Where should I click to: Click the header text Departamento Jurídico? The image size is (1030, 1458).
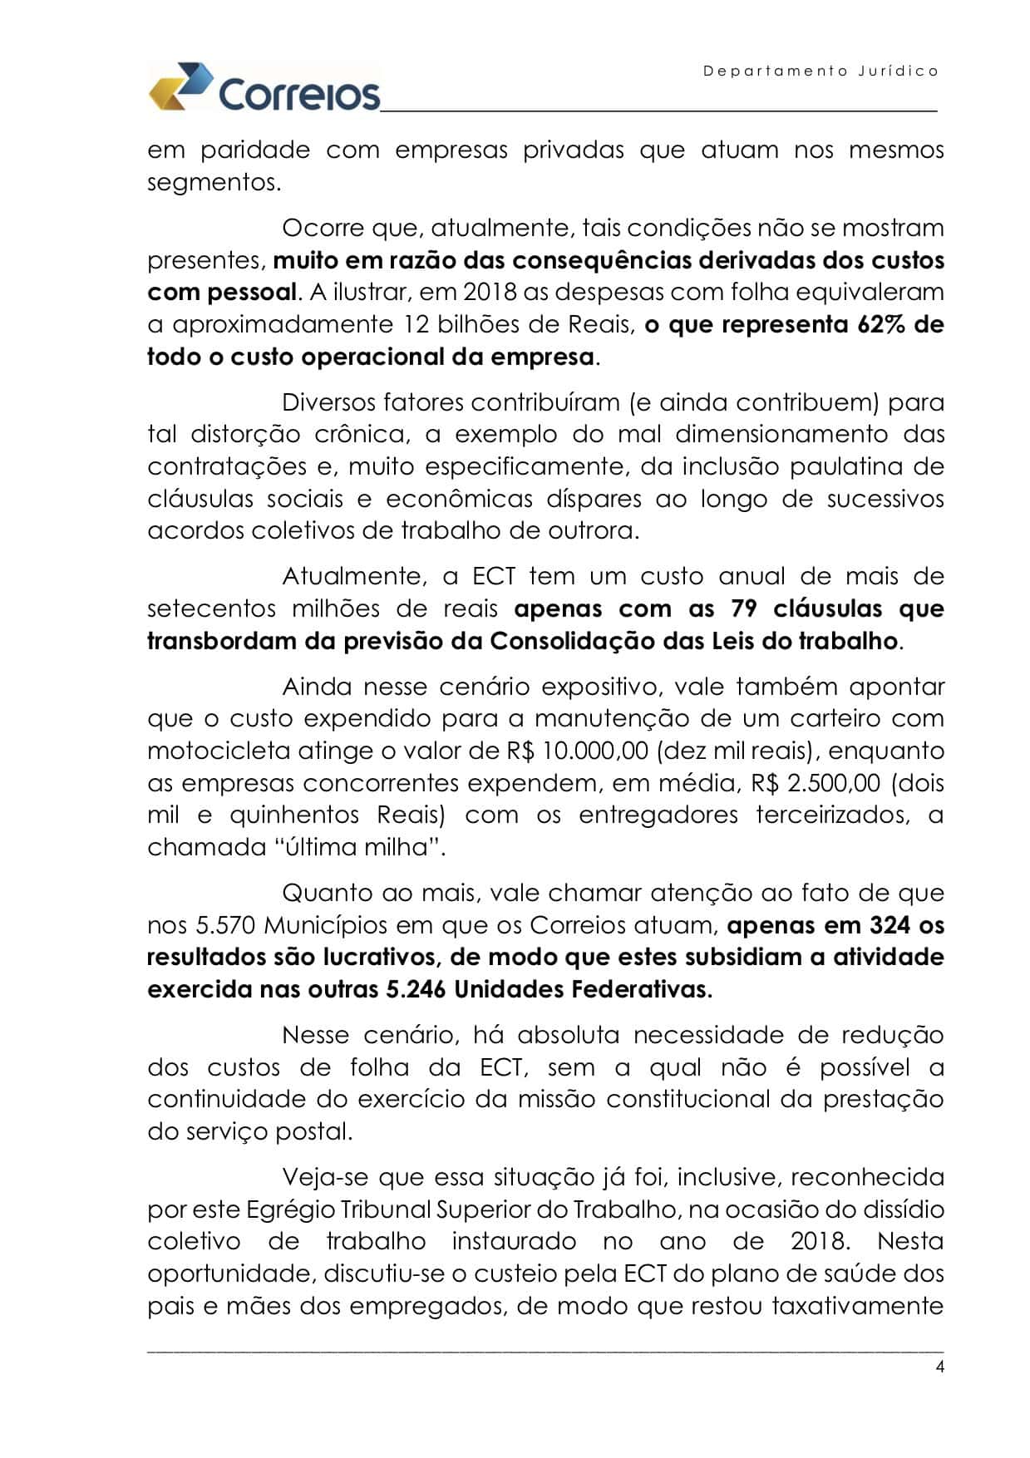(x=821, y=71)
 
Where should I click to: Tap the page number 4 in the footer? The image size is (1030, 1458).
(x=939, y=1367)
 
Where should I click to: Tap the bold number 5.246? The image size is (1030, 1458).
(x=416, y=989)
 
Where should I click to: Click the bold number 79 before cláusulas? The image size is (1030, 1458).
(x=744, y=608)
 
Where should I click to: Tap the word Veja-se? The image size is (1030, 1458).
(x=325, y=1177)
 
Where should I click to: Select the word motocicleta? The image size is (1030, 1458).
(x=218, y=751)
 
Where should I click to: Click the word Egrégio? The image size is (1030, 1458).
(x=283, y=1209)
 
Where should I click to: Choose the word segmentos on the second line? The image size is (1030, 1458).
(x=214, y=182)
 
